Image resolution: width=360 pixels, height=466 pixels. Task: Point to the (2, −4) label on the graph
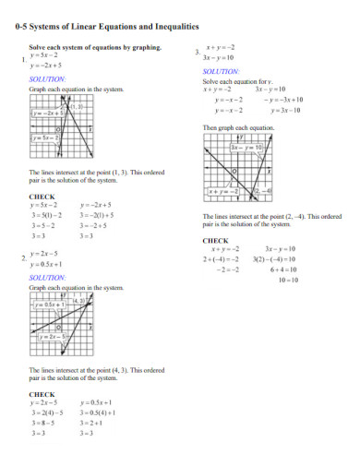(261, 191)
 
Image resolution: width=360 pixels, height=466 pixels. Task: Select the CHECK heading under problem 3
(215, 240)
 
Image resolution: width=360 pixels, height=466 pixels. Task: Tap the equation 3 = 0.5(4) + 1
(97, 412)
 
